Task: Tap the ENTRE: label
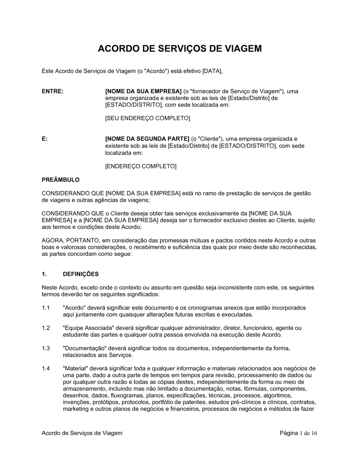coord(53,91)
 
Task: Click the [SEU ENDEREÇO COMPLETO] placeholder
coord(147,118)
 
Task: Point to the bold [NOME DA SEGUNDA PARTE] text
coord(147,139)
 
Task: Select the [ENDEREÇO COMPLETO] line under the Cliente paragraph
coord(141,166)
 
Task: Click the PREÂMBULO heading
coord(60,179)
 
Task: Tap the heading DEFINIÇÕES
coord(81,274)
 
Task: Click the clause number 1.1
coord(46,308)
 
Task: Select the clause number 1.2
coord(46,328)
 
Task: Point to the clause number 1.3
coord(46,348)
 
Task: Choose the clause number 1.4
coord(46,368)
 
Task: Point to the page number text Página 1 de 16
coord(298,433)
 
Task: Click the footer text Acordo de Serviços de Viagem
coord(82,433)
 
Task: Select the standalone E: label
coord(45,139)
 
